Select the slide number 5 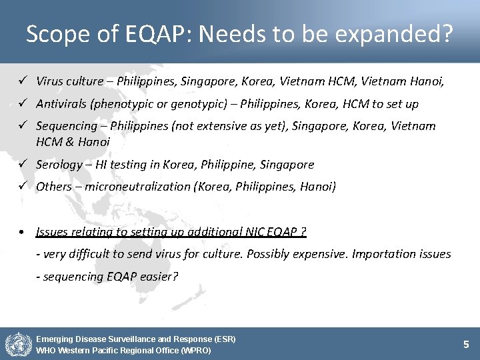tap(466, 344)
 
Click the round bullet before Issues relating tap(23, 232)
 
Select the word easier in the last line tap(158, 276)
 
